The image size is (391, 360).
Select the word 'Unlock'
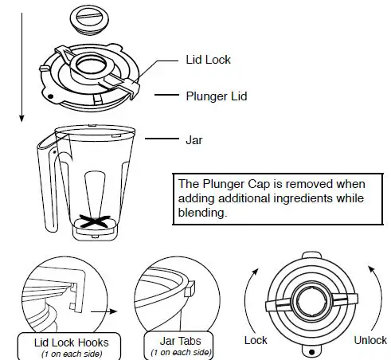[369, 340]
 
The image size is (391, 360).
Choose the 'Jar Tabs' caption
[179, 343]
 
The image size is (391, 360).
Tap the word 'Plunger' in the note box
[226, 184]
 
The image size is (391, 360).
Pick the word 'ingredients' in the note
[298, 198]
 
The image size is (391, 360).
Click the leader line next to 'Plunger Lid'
[166, 96]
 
